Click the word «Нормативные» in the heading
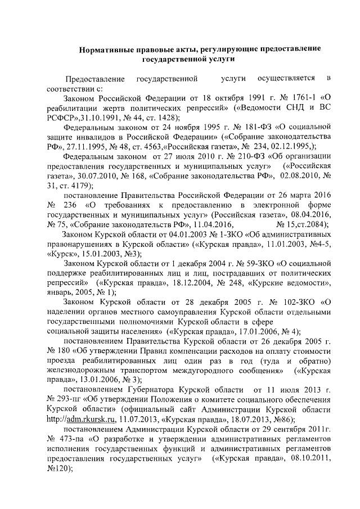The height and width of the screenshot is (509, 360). tap(105, 49)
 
